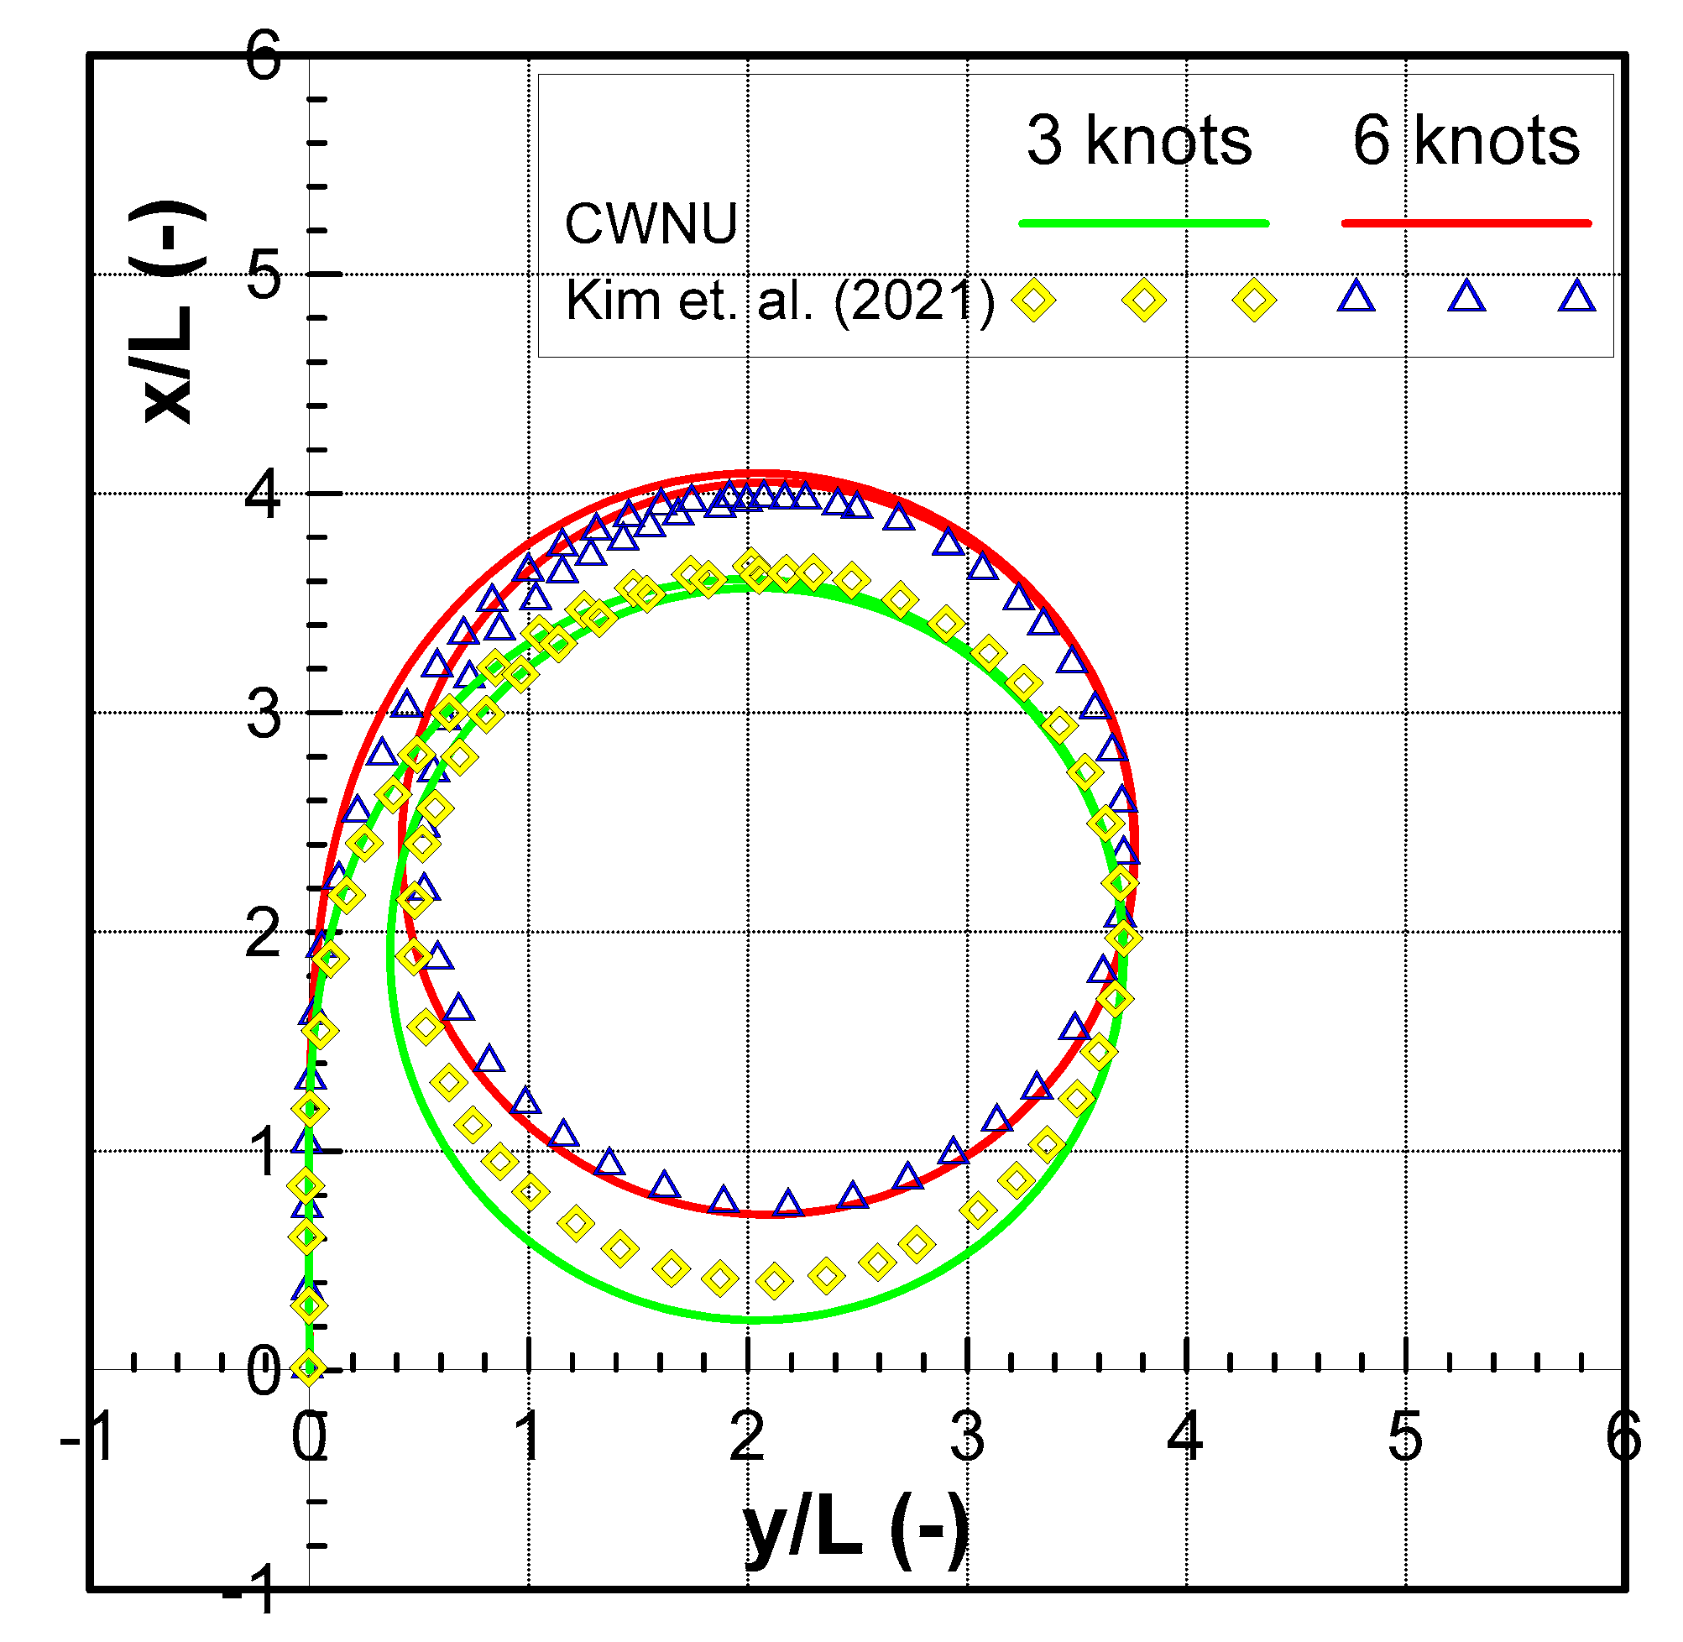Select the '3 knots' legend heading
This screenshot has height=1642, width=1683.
click(x=1139, y=140)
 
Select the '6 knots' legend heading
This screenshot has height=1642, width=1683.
click(x=1466, y=140)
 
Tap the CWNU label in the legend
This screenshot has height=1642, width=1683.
click(x=651, y=224)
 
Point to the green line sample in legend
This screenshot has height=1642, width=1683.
click(x=1143, y=224)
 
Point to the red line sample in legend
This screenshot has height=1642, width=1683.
click(x=1466, y=224)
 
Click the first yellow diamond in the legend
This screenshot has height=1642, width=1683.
click(x=1034, y=301)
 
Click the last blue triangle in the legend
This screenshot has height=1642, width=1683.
click(x=1577, y=297)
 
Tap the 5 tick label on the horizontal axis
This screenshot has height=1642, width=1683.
click(x=1405, y=1438)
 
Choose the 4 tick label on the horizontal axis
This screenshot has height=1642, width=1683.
click(x=1185, y=1438)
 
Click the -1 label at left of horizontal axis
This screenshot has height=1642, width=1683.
click(x=88, y=1438)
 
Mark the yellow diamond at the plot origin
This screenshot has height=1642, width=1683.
click(x=309, y=1368)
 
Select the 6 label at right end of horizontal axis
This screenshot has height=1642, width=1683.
click(x=1623, y=1438)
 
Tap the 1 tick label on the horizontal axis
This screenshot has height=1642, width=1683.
click(x=528, y=1438)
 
